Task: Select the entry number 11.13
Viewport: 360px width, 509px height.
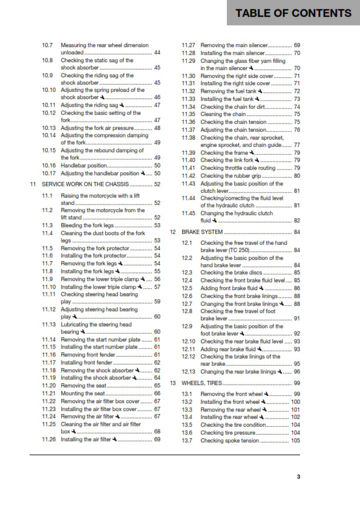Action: (x=49, y=325)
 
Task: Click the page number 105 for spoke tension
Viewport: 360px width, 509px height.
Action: (x=295, y=441)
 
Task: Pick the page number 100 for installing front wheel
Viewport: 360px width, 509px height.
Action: (x=295, y=402)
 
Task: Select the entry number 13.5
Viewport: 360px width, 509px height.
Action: (x=187, y=425)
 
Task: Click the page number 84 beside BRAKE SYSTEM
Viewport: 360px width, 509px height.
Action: (x=296, y=232)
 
